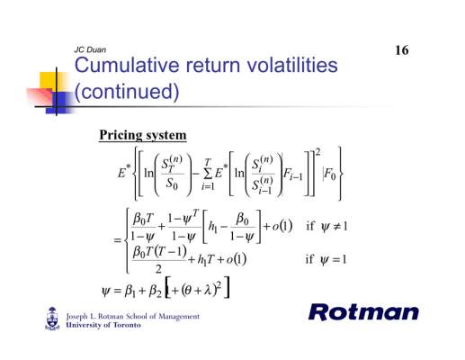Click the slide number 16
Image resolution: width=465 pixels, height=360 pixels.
402,50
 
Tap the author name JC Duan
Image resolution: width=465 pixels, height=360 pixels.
90,49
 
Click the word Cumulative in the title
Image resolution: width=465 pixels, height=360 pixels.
127,65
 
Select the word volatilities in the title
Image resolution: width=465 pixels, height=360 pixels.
292,65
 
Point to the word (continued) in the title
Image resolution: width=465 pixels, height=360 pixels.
127,91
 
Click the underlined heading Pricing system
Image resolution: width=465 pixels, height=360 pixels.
143,135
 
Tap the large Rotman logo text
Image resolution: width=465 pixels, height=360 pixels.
363,312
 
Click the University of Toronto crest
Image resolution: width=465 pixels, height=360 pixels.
52,319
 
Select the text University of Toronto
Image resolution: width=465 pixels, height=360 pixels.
103,325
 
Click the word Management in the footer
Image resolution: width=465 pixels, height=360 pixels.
179,316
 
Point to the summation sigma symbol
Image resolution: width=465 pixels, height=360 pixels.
208,173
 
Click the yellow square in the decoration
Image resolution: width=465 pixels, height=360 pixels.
48,80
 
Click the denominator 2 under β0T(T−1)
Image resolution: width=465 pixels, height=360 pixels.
158,269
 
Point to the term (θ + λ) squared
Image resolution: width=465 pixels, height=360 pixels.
200,289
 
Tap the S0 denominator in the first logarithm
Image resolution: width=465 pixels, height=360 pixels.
172,184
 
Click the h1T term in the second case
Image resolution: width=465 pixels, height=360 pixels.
205,259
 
